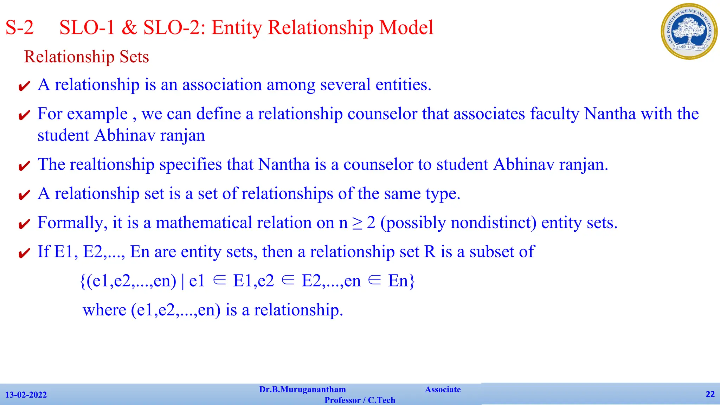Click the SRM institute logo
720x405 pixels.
click(x=689, y=31)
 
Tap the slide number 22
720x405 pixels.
click(x=710, y=394)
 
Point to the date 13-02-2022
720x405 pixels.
click(x=26, y=395)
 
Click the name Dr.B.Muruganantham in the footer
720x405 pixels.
click(x=302, y=390)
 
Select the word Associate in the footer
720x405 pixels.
click(x=443, y=390)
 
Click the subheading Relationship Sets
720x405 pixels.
click(x=86, y=57)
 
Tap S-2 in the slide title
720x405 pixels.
click(x=20, y=27)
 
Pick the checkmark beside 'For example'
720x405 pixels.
click(x=24, y=115)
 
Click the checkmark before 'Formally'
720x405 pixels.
click(x=24, y=224)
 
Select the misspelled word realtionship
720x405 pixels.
click(x=112, y=165)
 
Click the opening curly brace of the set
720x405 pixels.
click(x=83, y=281)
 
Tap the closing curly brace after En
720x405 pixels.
click(x=412, y=281)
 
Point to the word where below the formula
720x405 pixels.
click(x=104, y=310)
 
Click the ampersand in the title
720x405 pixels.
click(x=129, y=27)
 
